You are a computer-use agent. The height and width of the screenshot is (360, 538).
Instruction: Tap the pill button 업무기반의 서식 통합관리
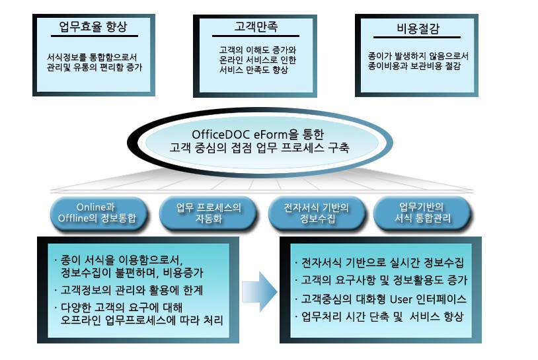tap(421, 213)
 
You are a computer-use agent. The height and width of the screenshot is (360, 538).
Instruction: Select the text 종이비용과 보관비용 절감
tap(414, 67)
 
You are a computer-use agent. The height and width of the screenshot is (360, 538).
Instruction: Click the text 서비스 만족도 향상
tap(254, 70)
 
